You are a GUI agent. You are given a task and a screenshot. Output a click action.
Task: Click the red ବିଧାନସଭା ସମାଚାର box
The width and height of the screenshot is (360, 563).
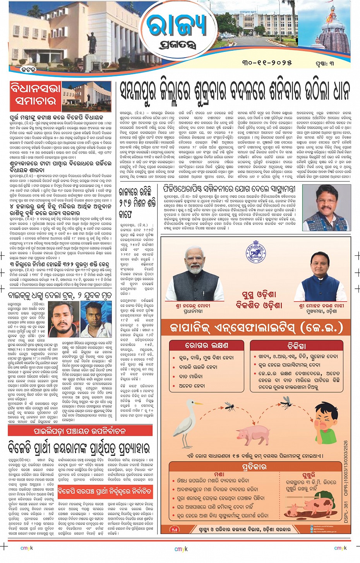pyautogui.click(x=35, y=95)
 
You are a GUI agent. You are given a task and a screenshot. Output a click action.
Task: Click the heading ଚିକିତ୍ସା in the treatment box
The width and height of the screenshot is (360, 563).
pyautogui.click(x=297, y=345)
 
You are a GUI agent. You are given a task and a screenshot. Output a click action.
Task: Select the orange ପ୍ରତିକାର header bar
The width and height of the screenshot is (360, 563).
pyautogui.click(x=254, y=467)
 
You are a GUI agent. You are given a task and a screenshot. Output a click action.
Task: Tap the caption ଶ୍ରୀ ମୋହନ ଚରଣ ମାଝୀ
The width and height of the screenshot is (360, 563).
pyautogui.click(x=321, y=306)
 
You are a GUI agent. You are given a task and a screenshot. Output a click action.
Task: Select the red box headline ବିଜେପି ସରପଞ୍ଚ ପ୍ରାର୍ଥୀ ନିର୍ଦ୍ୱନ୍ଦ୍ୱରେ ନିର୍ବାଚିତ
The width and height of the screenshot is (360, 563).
pyautogui.click(x=105, y=492)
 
